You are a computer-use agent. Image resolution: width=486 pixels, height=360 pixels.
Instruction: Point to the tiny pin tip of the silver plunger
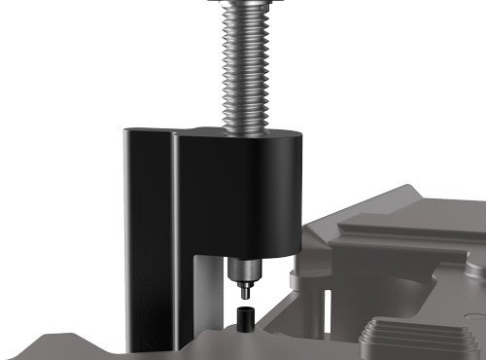click(x=245, y=289)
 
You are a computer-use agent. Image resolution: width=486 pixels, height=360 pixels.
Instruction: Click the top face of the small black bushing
click(x=244, y=309)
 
